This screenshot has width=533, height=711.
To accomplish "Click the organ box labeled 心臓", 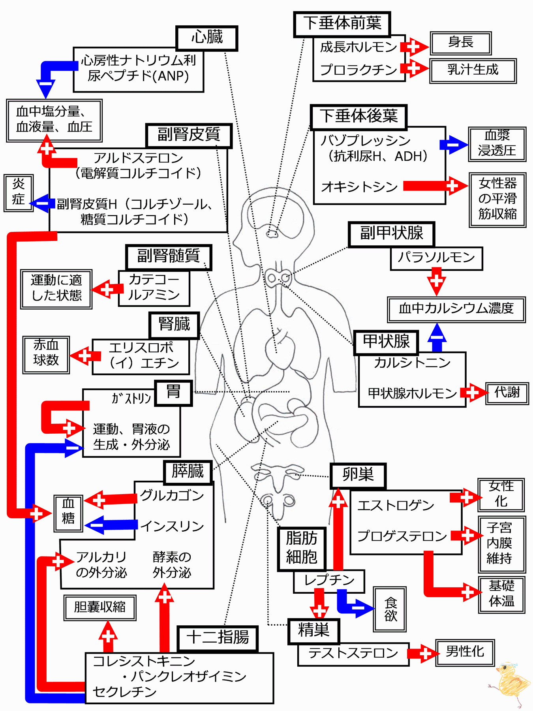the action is [207, 38].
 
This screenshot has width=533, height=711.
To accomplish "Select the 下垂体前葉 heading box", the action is [342, 24].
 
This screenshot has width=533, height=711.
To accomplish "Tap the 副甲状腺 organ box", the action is [391, 234].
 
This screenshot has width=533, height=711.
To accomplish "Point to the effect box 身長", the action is [461, 43].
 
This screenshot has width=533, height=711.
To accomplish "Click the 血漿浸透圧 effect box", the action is [497, 144].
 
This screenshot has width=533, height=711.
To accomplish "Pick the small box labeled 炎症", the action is [19, 193].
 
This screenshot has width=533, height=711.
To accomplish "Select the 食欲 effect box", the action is [390, 609].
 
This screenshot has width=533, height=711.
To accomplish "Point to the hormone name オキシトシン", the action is [359, 186].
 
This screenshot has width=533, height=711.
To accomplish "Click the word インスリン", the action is [172, 526].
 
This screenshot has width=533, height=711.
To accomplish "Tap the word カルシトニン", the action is [412, 362].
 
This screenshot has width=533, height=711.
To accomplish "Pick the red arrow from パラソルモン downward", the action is [436, 282].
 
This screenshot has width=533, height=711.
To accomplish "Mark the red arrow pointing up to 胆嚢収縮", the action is [108, 637].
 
